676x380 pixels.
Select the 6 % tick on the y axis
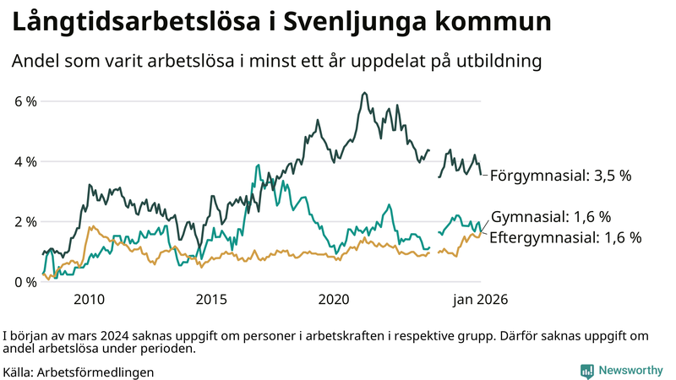pos(26,101)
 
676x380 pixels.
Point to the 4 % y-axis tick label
pos(26,161)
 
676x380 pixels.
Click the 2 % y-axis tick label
pos(26,221)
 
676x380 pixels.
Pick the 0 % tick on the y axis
pos(26,282)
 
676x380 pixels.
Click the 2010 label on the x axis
pos(89,299)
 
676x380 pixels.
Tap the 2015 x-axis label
pos(211,299)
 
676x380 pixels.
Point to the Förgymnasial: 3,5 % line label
pos(561,176)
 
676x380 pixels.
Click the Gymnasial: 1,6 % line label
pos(551,216)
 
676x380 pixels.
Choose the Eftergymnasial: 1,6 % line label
pos(565,237)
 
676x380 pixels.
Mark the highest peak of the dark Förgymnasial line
pos(363,93)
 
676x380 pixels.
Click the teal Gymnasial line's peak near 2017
pos(257,166)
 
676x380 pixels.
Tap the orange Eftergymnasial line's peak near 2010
pos(91,226)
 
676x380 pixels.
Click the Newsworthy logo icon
pos(586,371)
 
